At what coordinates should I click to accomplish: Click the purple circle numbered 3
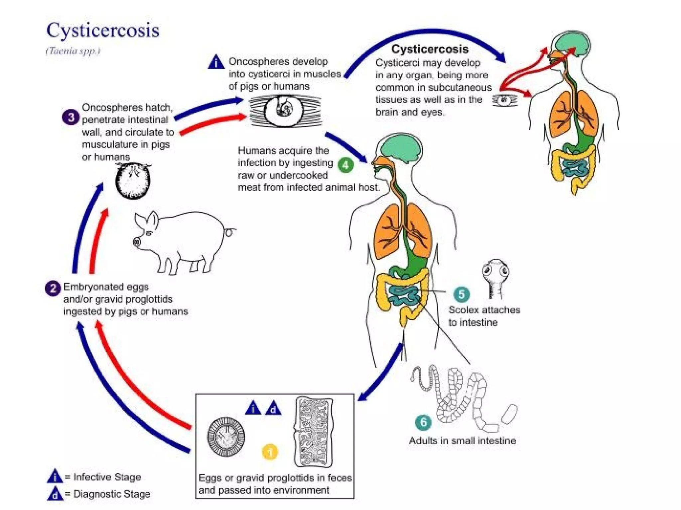tap(70, 117)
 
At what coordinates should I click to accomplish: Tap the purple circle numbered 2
tap(53, 288)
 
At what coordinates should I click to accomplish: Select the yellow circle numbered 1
tap(270, 452)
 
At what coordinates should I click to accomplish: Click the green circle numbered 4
tap(345, 165)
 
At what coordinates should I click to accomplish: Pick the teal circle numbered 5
tap(461, 294)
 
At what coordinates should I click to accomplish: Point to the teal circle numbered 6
tap(423, 422)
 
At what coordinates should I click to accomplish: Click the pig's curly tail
tap(229, 231)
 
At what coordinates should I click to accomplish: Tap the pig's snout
tap(137, 241)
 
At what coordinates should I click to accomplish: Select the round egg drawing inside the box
tap(226, 437)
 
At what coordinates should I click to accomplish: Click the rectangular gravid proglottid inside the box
tap(313, 432)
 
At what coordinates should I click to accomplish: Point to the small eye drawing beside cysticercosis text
tap(504, 100)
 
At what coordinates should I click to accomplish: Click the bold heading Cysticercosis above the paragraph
tap(430, 49)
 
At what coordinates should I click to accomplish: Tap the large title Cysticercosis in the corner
tap(102, 31)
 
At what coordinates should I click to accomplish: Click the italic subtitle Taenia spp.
tap(72, 51)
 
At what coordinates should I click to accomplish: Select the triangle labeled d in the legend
tap(55, 494)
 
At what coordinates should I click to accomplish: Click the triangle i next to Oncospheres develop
tap(216, 62)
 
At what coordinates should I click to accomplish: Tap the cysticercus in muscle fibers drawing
tap(285, 111)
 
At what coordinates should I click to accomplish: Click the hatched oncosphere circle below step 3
tap(133, 181)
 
